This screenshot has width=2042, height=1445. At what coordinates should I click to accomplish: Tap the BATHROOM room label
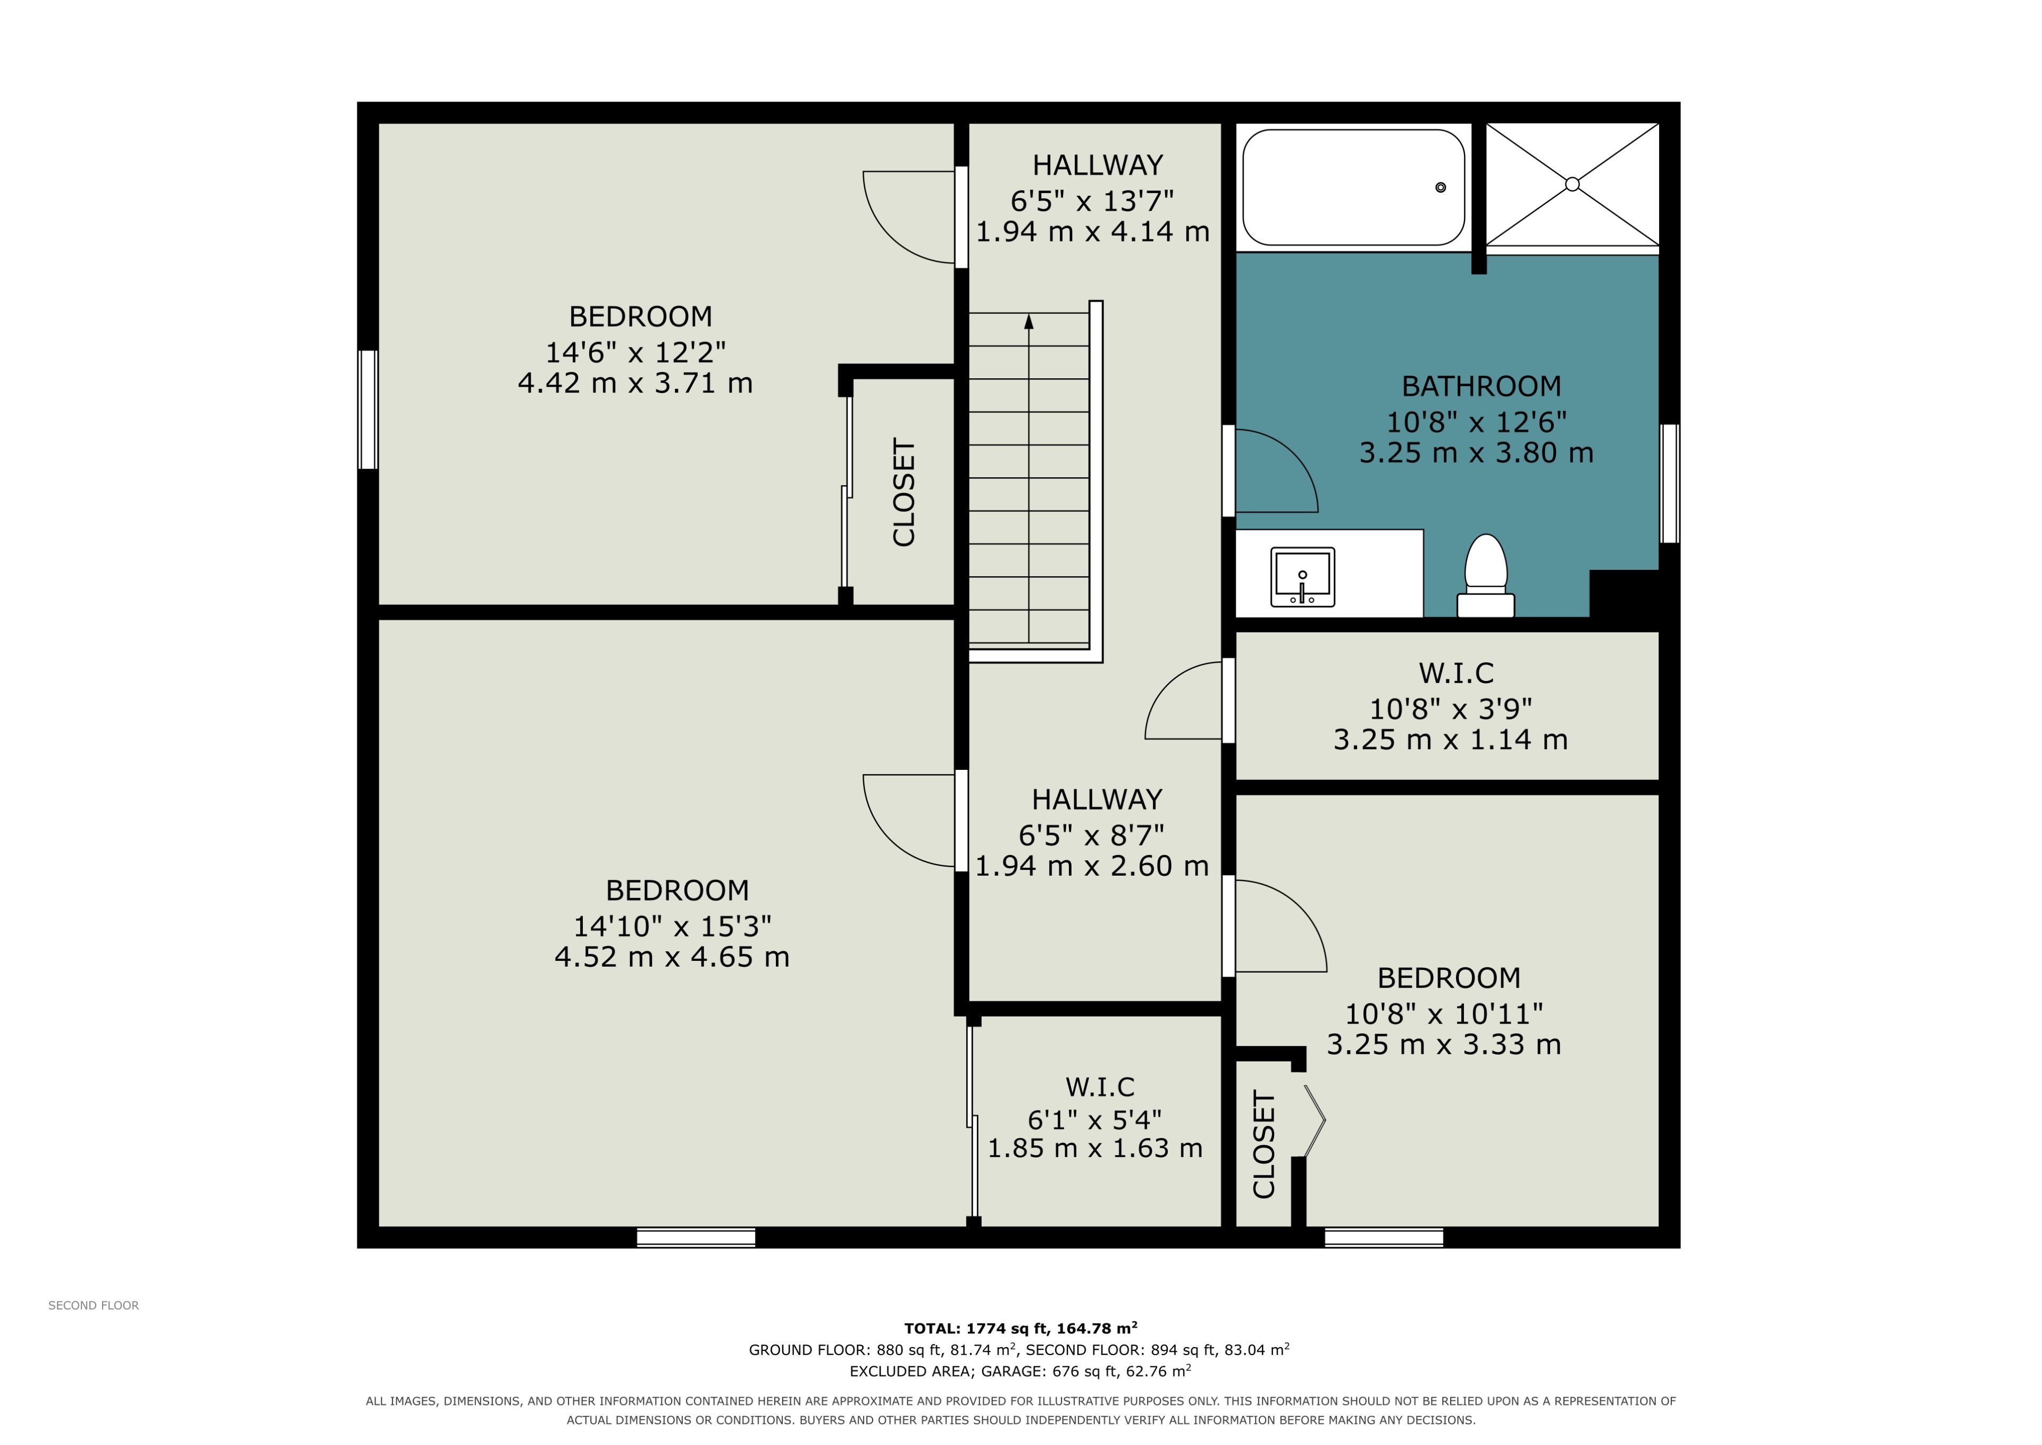click(1481, 386)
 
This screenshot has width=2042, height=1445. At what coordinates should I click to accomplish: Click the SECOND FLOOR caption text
click(94, 1305)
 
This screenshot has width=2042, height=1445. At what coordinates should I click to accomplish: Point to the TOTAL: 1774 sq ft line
click(1021, 1328)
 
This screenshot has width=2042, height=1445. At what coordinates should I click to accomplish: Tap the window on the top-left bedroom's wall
click(367, 409)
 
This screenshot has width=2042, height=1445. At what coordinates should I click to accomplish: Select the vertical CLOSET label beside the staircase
click(903, 492)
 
